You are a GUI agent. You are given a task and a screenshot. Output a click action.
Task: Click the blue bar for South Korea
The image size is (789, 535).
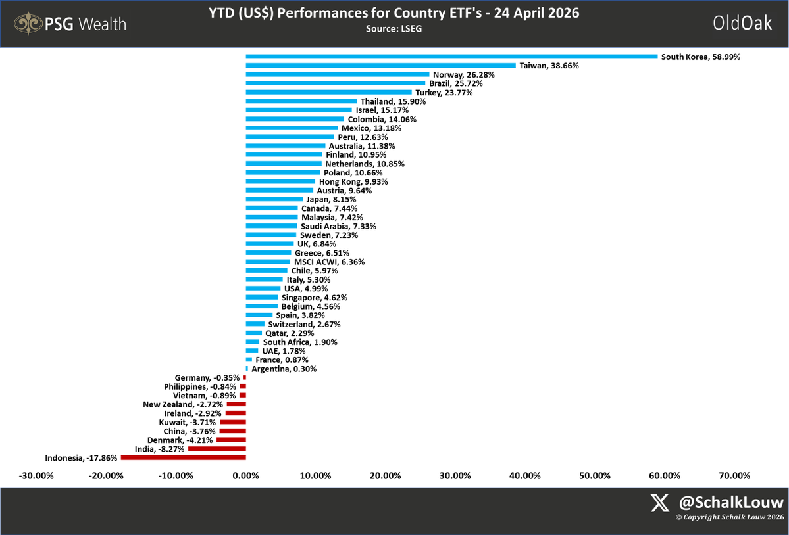(x=451, y=57)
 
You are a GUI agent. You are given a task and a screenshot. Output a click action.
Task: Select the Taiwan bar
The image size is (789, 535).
(x=380, y=66)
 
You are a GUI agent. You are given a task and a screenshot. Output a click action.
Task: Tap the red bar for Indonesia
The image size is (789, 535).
(x=183, y=457)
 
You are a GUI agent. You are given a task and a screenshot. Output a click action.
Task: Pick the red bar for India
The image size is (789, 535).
(x=216, y=449)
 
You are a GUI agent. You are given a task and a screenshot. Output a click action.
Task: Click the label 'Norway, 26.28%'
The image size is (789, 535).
(x=464, y=75)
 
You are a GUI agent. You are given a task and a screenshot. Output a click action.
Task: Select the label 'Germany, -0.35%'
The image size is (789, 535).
(x=207, y=378)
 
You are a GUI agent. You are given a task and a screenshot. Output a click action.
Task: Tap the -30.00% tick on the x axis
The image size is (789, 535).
(x=36, y=476)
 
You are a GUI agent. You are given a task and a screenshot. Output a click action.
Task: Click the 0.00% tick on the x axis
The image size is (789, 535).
(x=245, y=476)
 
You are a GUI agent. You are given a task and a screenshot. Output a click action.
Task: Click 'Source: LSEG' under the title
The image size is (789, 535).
(x=394, y=29)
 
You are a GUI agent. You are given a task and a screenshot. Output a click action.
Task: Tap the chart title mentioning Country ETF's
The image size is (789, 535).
(x=394, y=14)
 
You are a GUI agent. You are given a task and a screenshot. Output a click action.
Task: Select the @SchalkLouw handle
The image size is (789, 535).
(x=731, y=503)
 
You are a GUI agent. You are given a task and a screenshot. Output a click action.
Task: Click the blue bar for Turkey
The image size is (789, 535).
(x=328, y=93)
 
